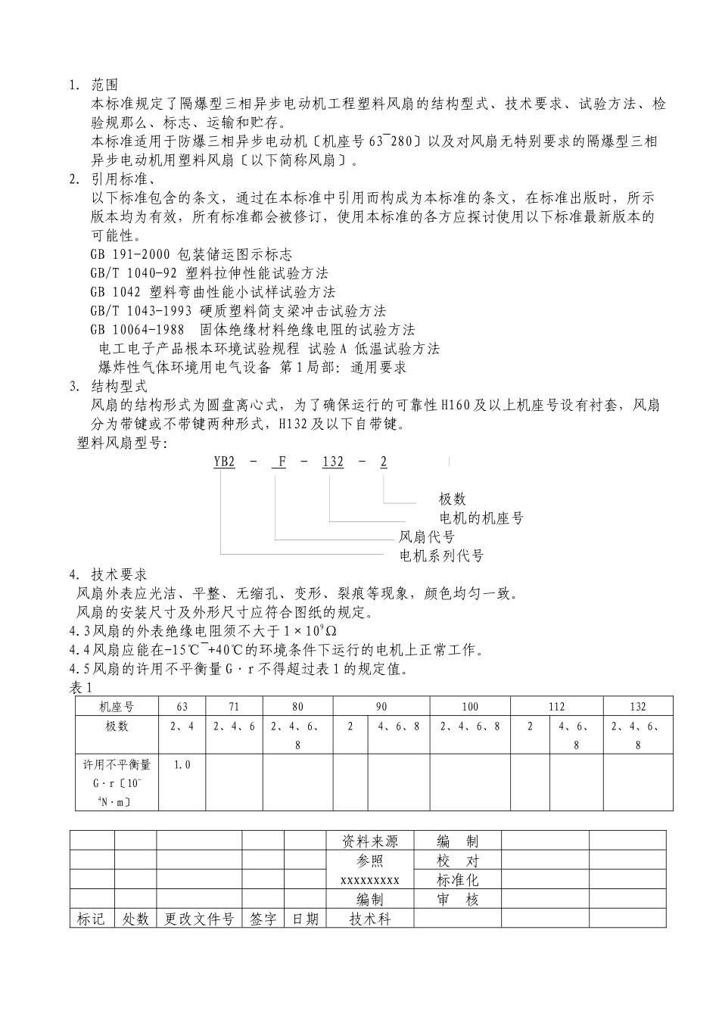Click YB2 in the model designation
coord(224,462)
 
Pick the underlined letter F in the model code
coord(281,462)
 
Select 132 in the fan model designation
coord(333,462)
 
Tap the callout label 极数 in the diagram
coord(453,499)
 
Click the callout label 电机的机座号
coord(481,518)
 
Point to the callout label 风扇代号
coord(427,537)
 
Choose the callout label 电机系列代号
coord(441,556)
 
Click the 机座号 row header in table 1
coord(117,707)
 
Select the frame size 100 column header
coord(470,707)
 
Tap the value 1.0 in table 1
coord(182,765)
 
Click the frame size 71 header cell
coord(234,707)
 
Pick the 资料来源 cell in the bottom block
coord(370,841)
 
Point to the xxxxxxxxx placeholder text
coord(370,880)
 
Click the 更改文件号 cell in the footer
coord(199,919)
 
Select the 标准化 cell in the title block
coord(458,880)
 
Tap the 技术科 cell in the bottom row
coord(370,919)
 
